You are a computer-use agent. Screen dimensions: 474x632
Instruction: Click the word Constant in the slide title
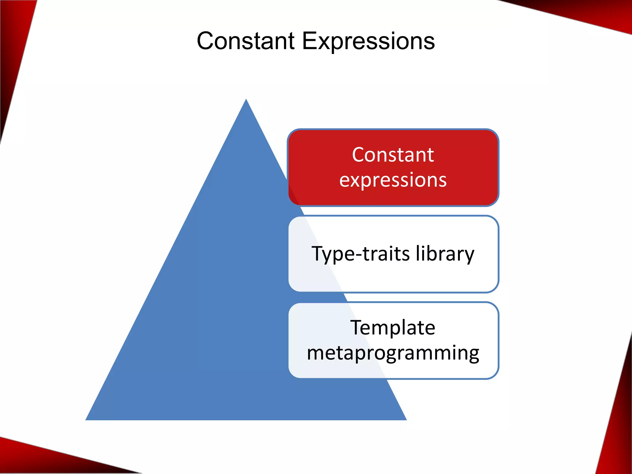tap(246, 41)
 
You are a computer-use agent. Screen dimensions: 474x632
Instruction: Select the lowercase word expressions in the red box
tap(393, 180)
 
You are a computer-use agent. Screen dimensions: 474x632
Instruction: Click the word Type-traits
tap(361, 254)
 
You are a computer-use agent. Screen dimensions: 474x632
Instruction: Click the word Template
tap(393, 327)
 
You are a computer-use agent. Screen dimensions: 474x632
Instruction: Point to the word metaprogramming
tap(393, 353)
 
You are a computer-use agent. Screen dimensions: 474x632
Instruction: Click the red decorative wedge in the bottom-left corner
tap(37, 460)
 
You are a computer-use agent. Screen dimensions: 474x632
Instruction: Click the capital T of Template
tap(357, 327)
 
